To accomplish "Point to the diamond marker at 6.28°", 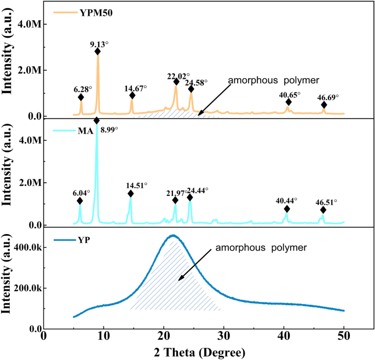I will [81, 97].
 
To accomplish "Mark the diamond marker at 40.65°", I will [289, 102].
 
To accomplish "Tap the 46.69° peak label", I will [328, 96].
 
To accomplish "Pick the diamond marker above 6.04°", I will [80, 201].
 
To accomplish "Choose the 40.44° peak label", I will [286, 201].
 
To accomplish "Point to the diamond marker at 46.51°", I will [323, 210].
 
